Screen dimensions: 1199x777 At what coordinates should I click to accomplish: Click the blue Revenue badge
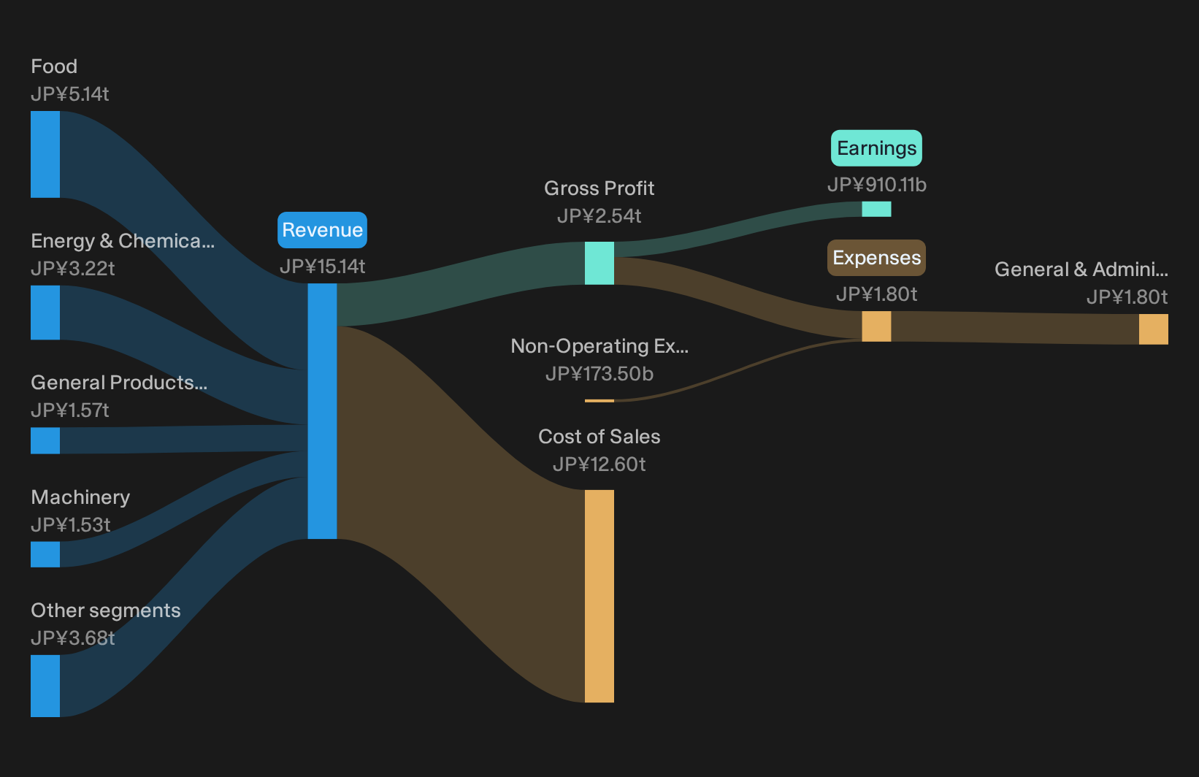point(322,230)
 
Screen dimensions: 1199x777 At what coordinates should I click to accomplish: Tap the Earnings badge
point(876,148)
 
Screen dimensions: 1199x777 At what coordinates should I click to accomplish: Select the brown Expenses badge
point(876,258)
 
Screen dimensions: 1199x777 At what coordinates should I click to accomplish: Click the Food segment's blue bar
point(45,154)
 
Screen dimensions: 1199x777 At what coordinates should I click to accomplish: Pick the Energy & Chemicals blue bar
point(45,313)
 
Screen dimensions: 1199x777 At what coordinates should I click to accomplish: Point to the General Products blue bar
point(45,440)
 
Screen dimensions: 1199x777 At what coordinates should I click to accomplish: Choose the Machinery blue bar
point(45,554)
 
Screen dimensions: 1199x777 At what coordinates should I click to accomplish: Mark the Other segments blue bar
point(45,686)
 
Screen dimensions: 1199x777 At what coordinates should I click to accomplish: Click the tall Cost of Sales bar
point(599,596)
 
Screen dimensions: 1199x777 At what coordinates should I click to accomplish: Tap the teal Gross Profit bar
point(599,263)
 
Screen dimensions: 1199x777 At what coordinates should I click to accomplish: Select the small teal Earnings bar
point(876,209)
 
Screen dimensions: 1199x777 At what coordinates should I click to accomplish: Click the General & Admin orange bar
point(1154,329)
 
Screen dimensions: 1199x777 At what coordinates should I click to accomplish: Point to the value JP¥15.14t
point(322,266)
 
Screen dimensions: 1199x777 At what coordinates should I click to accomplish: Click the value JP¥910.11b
point(877,185)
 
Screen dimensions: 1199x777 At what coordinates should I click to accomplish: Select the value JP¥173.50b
point(599,374)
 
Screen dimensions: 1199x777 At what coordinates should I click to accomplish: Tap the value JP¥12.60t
point(599,464)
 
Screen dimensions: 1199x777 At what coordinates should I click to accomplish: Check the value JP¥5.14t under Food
point(69,94)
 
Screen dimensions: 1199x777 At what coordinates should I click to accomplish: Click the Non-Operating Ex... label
point(599,346)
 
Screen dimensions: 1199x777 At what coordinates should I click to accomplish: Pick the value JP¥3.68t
point(73,638)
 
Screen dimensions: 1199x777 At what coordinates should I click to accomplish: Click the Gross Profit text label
point(599,188)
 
